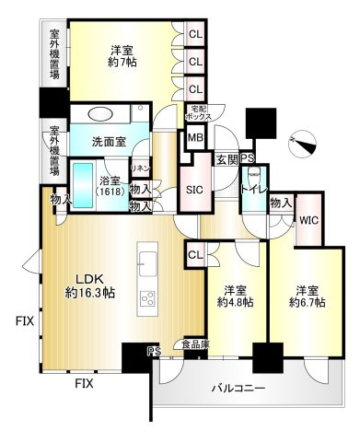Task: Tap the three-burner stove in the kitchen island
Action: tap(147, 298)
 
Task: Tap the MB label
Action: tap(195, 139)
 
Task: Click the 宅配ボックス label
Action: tap(198, 112)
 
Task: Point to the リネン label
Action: tap(141, 169)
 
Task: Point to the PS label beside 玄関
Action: tap(247, 157)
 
